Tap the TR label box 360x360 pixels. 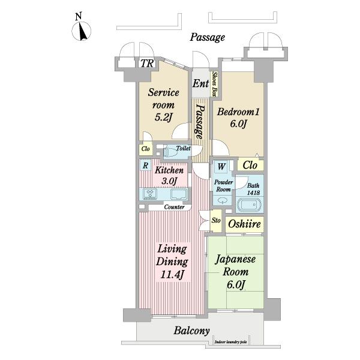tap(147, 64)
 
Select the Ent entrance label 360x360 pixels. tap(200, 83)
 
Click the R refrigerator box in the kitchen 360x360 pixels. tap(145, 166)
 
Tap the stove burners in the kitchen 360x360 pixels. tap(150, 193)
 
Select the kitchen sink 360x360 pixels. tap(179, 194)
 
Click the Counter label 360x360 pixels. tap(174, 207)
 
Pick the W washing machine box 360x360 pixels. tap(221, 166)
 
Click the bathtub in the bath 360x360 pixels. tap(249, 205)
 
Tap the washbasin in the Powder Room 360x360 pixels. tap(223, 200)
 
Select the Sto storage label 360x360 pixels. tap(216, 220)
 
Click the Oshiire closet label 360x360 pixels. tap(245, 224)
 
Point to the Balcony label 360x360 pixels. tap(192, 331)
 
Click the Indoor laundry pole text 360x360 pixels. tap(231, 342)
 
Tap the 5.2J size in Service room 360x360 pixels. tap(163, 117)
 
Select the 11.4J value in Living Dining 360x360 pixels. tap(172, 274)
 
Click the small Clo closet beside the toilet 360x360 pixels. tap(146, 149)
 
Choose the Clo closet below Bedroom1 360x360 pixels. tap(250, 165)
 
